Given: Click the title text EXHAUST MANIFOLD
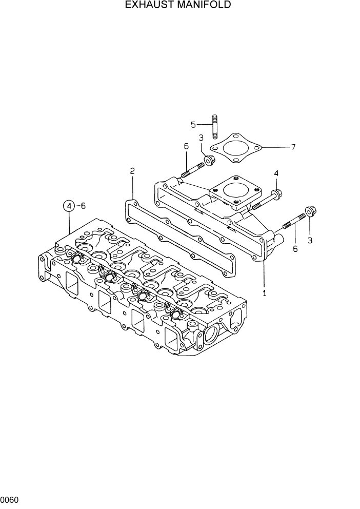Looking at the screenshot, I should coord(178,5).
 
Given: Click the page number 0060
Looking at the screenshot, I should coord(10,499).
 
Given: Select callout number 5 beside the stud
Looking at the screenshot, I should coord(193,124).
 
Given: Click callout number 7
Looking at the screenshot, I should coord(293,147).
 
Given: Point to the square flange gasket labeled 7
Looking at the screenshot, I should coord(236,149).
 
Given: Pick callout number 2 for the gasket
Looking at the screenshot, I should coord(132,171).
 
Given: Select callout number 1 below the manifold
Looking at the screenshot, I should coord(265,293).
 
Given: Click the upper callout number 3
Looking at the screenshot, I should coord(201,138).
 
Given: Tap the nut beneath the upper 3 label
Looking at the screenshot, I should coord(209,161).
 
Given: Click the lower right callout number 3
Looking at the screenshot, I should coord(310,240).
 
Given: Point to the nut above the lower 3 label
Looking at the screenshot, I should coord(310,211).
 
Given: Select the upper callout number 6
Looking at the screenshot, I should coord(186,147).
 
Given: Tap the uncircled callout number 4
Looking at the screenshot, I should coord(276,174).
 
